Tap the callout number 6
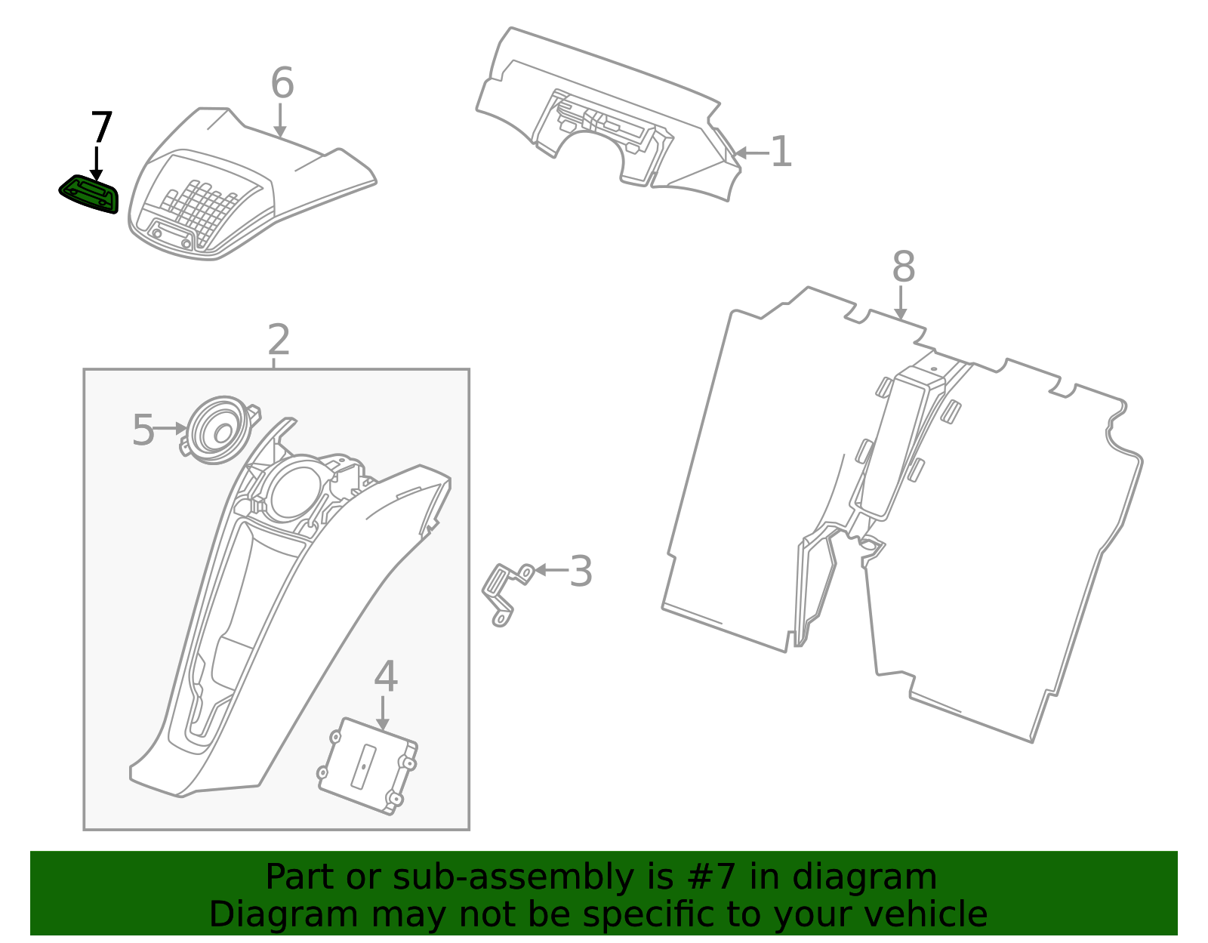282,83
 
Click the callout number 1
781,153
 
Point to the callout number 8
903,267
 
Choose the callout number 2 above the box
279,341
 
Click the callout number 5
143,430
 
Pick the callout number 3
581,572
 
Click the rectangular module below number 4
367,766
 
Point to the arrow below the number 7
97,163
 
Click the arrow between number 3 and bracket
550,570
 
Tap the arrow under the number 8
900,303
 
